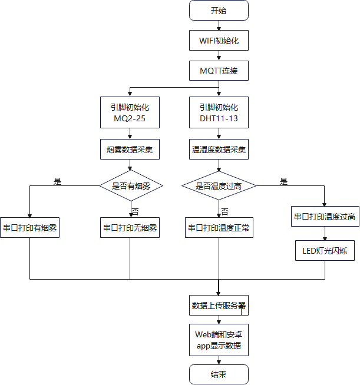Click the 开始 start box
[x=219, y=11]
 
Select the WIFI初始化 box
[x=219, y=41]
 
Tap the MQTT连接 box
[x=219, y=71]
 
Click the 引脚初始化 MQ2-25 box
[x=130, y=114]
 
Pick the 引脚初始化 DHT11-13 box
[x=219, y=114]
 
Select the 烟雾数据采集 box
[x=130, y=150]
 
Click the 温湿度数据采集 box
[x=219, y=150]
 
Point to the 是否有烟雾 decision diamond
[x=130, y=186]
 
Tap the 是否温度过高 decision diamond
[x=219, y=186]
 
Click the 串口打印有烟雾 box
[x=30, y=228]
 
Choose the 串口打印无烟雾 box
[x=130, y=228]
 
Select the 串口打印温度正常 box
[x=219, y=228]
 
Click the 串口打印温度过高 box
[x=324, y=217]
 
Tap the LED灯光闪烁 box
[x=324, y=251]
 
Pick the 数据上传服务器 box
[x=219, y=306]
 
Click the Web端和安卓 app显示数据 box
[x=219, y=340]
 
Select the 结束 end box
[x=219, y=374]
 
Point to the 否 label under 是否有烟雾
[x=135, y=211]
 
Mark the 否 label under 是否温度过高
[x=224, y=211]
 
